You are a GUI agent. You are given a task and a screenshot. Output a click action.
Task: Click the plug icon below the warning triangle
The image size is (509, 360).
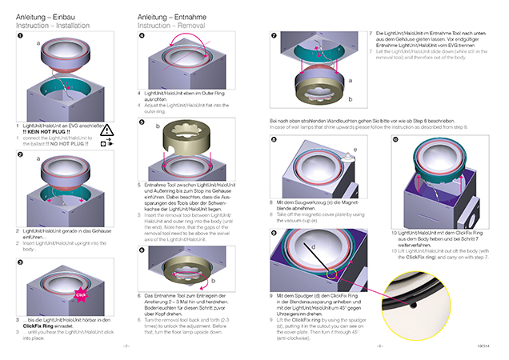108,142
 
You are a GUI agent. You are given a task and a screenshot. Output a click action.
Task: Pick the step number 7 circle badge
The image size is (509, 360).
274,37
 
